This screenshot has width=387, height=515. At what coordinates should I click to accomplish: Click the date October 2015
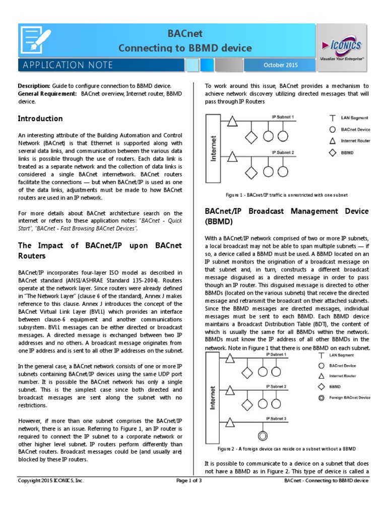click(x=281, y=65)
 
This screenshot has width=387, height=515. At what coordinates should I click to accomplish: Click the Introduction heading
click(x=40, y=119)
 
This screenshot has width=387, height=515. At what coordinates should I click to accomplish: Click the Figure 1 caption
click(x=286, y=195)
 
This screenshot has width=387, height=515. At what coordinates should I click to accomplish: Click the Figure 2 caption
click(x=287, y=449)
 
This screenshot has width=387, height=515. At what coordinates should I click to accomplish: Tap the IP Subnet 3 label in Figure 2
click(x=276, y=418)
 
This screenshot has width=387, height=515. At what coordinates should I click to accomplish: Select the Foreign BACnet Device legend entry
click(x=349, y=397)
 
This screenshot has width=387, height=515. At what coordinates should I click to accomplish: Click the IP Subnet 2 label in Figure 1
click(x=283, y=152)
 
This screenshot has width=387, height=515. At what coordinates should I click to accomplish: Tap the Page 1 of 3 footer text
click(x=189, y=481)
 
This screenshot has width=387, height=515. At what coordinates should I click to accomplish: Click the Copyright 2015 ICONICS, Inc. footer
click(x=51, y=481)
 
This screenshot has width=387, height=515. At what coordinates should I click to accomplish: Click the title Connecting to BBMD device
click(x=184, y=48)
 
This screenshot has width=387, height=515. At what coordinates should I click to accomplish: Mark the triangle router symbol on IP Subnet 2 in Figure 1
click(x=231, y=157)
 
